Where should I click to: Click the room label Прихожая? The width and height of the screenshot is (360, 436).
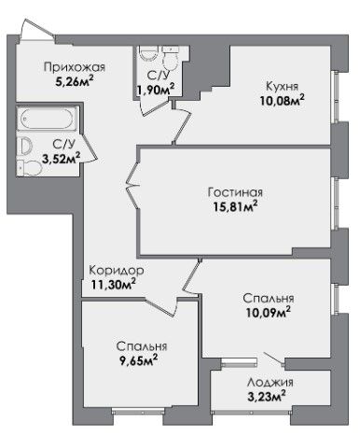coord(75,67)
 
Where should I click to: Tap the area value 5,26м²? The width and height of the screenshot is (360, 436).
coord(74,82)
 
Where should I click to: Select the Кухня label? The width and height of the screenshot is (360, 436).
coord(282,86)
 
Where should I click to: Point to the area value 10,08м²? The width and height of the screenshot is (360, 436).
coord(282,101)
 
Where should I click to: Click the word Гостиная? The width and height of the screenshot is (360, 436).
coord(235,192)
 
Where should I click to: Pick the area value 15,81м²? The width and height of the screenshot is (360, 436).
coord(235,206)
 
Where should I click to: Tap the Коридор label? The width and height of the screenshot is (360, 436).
coord(117,271)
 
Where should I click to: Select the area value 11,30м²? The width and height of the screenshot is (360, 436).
coord(114,285)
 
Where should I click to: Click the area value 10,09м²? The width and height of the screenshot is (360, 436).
coord(269,313)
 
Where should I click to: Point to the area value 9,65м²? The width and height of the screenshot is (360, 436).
coord(138,360)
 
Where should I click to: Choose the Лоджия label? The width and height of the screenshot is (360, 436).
coord(270,382)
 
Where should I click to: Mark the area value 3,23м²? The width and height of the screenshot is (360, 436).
coord(267,397)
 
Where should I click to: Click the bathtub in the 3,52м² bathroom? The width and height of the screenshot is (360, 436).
coord(47,119)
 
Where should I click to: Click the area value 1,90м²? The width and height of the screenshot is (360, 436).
coord(156,90)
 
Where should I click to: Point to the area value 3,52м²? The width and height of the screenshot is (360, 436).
coord(61,159)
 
